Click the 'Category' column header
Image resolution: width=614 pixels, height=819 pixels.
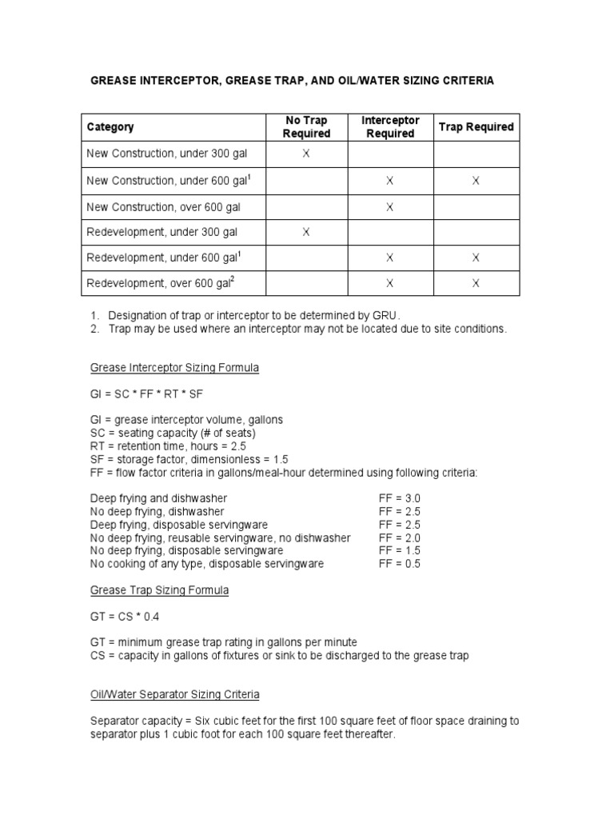tap(110, 127)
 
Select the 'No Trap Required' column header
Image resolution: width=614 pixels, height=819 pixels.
tap(306, 127)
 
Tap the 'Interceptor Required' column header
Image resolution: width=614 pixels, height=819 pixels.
tap(389, 127)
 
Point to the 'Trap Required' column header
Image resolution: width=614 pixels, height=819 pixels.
tap(476, 127)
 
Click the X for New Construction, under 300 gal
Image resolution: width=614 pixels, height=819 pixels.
tap(306, 154)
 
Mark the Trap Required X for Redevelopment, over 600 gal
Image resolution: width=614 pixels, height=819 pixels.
tap(476, 283)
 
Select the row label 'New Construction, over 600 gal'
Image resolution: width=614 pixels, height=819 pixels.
tap(163, 207)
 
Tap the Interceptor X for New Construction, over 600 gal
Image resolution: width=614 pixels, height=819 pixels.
tap(389, 207)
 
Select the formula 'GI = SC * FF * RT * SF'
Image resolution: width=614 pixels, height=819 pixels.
tap(149, 394)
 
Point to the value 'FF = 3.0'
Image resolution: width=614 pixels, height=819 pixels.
tap(399, 497)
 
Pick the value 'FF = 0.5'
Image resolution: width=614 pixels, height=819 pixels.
tap(399, 564)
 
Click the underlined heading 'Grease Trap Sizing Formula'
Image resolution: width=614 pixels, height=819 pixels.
tap(159, 590)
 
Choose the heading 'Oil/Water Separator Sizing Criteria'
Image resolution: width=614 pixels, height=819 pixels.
tap(174, 694)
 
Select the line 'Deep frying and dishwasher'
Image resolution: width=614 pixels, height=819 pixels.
tap(153, 497)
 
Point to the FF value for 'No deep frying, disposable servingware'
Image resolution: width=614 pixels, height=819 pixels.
tap(399, 550)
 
